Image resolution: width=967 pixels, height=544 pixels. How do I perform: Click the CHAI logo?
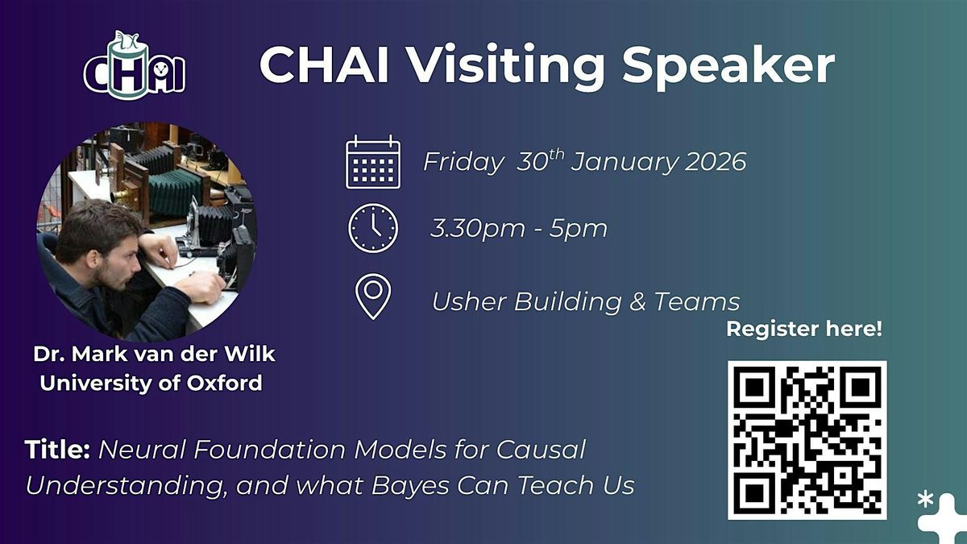click(x=135, y=65)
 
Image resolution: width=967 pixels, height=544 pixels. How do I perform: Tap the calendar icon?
click(x=373, y=162)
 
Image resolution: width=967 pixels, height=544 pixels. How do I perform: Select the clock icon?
click(x=373, y=228)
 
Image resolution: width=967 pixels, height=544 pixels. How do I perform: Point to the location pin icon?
click(x=373, y=297)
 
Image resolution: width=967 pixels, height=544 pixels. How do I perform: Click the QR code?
click(x=807, y=440)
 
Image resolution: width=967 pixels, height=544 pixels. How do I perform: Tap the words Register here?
click(x=804, y=329)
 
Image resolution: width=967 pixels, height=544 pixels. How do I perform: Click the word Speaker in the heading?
click(x=728, y=66)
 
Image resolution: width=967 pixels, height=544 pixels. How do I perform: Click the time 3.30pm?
click(x=477, y=229)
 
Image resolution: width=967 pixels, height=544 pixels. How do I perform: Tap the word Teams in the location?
click(x=697, y=301)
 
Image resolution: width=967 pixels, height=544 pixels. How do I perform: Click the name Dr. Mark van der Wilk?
click(x=154, y=354)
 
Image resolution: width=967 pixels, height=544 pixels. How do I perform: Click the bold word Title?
click(x=57, y=450)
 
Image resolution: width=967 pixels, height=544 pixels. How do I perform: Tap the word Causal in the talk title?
click(x=541, y=450)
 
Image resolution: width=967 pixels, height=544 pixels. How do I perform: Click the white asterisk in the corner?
click(x=925, y=500)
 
